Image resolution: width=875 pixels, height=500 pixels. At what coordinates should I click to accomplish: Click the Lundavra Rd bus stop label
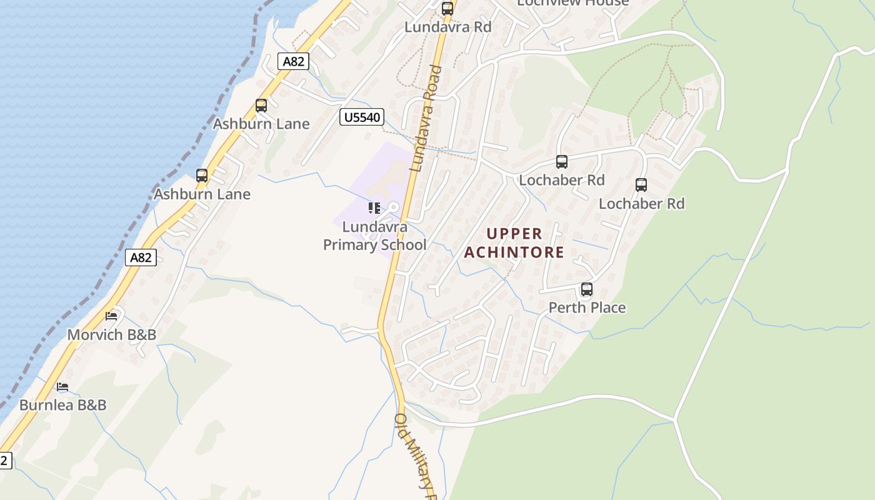[447, 27]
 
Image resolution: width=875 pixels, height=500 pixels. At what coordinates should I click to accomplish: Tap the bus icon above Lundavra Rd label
[447, 9]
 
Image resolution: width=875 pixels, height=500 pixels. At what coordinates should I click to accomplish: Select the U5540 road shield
[361, 117]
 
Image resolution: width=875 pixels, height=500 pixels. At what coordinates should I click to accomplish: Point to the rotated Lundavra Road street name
[426, 119]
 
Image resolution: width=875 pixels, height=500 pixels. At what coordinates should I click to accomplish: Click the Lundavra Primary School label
[374, 236]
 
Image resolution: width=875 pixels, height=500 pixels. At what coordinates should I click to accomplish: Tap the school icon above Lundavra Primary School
[374, 207]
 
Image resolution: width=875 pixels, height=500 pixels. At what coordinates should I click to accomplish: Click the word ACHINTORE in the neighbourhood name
[514, 252]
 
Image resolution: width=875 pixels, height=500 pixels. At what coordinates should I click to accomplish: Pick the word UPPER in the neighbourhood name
[514, 234]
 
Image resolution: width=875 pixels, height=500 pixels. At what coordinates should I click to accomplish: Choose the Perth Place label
[587, 307]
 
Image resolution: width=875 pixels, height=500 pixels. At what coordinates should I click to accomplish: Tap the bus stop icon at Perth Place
[586, 289]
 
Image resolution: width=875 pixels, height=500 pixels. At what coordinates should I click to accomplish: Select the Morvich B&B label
[111, 334]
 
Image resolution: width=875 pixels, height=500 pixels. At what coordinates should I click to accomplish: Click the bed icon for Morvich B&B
[111, 316]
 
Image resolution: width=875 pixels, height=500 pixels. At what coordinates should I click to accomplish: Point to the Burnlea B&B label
[62, 405]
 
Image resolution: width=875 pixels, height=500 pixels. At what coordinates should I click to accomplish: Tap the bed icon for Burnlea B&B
[62, 387]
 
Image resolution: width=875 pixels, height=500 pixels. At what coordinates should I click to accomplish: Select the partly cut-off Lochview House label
[572, 3]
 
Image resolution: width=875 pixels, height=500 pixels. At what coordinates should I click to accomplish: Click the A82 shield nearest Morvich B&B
[141, 257]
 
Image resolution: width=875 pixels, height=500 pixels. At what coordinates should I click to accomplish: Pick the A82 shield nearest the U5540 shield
[293, 61]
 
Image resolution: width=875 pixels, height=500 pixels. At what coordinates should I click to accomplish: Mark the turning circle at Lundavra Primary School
[393, 207]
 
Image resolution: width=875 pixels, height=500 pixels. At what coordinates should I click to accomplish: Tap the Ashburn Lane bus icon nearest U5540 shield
[261, 106]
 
